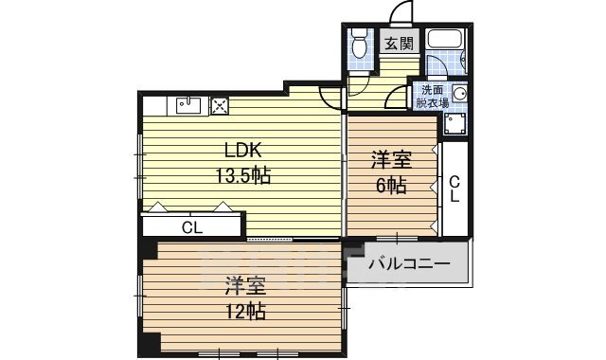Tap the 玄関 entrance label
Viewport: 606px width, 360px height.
click(x=399, y=43)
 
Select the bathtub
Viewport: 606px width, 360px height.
click(x=443, y=41)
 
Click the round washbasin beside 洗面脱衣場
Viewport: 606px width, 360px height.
click(x=459, y=94)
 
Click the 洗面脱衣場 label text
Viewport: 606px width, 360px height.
click(x=431, y=97)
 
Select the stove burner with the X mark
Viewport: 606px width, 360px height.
click(x=220, y=106)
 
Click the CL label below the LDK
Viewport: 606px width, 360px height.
click(x=192, y=227)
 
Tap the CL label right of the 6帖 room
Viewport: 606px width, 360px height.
click(x=454, y=189)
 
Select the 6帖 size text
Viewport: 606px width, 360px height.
click(x=392, y=186)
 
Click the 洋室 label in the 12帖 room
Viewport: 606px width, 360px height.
click(x=244, y=284)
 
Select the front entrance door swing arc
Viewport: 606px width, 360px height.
click(x=401, y=12)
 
